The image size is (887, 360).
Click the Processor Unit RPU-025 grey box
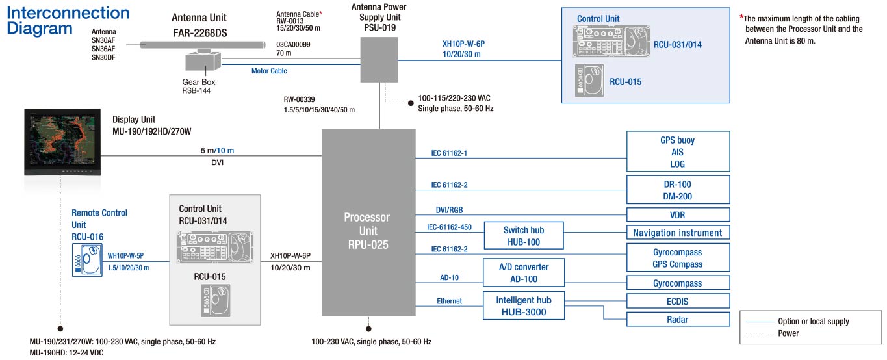(x=368, y=222)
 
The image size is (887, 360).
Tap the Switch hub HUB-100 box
(x=523, y=236)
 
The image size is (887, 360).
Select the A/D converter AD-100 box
(x=523, y=273)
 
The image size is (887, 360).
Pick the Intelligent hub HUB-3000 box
(x=523, y=305)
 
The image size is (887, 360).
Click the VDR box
(x=678, y=215)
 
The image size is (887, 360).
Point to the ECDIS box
(x=678, y=302)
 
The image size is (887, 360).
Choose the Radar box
(x=678, y=319)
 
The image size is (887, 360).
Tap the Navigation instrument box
(x=678, y=233)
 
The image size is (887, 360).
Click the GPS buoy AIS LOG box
(x=678, y=152)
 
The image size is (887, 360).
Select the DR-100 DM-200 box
(x=678, y=190)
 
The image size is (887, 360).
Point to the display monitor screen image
(x=61, y=140)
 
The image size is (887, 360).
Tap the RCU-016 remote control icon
(x=86, y=262)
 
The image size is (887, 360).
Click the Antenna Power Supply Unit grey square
(x=379, y=59)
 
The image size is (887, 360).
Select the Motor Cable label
(x=269, y=71)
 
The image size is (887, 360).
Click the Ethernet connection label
(x=449, y=301)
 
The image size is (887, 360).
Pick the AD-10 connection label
(x=449, y=277)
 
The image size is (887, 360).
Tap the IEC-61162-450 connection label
(x=449, y=227)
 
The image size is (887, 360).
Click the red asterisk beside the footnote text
(x=742, y=18)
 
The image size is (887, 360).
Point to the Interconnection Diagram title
(x=68, y=21)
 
